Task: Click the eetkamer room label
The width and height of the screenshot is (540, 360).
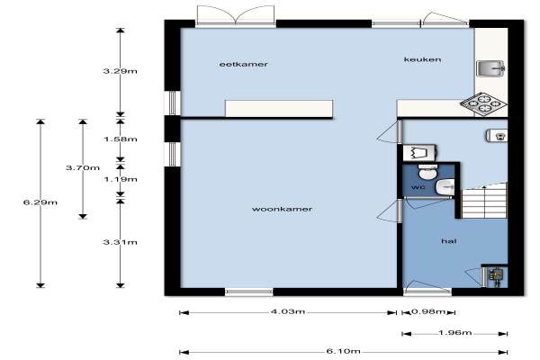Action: point(244,65)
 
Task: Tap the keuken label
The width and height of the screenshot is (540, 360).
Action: point(423,59)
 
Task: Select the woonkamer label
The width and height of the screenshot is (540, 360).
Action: point(282,209)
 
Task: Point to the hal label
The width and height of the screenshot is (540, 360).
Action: point(449,241)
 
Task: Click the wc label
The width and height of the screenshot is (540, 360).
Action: point(418,187)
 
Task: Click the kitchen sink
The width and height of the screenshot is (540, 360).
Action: point(490,68)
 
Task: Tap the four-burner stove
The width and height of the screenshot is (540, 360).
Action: point(483,103)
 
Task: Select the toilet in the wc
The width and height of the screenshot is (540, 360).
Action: point(427,172)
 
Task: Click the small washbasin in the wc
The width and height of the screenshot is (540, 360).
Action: point(445,187)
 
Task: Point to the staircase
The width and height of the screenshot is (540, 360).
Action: point(484,202)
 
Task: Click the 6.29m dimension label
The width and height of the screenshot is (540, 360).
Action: point(40,202)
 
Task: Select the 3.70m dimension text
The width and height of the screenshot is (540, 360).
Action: point(83,167)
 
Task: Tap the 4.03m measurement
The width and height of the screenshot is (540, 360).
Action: point(288,311)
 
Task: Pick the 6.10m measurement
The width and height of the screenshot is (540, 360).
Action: point(344,351)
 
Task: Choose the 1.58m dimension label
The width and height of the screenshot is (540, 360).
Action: point(121,139)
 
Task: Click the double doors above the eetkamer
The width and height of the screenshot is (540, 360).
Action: point(236,15)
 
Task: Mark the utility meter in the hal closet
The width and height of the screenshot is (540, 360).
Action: point(496,276)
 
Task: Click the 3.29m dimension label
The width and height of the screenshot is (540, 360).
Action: point(121,71)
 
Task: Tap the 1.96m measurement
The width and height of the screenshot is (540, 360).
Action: point(454,333)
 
